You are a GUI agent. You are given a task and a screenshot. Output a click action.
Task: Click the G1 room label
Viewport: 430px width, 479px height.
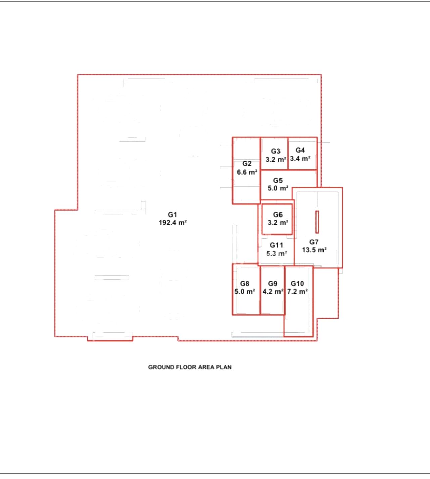(172, 214)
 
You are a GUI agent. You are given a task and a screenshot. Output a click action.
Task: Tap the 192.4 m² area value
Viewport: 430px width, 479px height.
(173, 223)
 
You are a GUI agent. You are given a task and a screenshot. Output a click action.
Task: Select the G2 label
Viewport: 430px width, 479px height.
(247, 164)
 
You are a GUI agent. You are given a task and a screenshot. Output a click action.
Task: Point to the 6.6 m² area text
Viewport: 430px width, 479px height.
(247, 172)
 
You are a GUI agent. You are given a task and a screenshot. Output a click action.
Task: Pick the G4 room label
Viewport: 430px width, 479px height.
(300, 150)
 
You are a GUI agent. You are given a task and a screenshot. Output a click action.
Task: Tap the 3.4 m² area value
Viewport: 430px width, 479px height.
(300, 159)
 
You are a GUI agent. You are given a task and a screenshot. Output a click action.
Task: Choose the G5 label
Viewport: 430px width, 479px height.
(278, 180)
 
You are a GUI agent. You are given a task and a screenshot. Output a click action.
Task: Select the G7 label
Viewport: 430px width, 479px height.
(314, 242)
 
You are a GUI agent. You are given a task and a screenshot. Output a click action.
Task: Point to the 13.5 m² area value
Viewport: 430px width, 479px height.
(314, 250)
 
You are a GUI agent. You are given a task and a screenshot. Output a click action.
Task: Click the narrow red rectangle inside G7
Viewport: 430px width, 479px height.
(317, 222)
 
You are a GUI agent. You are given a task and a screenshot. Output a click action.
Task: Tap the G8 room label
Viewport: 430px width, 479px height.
(245, 284)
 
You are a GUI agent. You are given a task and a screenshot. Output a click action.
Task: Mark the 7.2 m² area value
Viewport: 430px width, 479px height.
(298, 292)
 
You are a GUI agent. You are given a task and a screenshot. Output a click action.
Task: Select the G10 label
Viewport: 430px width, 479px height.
(297, 284)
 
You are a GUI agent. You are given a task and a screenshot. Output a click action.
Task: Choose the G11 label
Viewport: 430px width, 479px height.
(276, 245)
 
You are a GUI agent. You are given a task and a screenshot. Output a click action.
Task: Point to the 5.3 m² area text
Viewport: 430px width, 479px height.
(277, 254)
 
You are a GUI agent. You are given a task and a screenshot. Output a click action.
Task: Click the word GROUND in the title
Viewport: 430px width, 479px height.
(160, 367)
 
